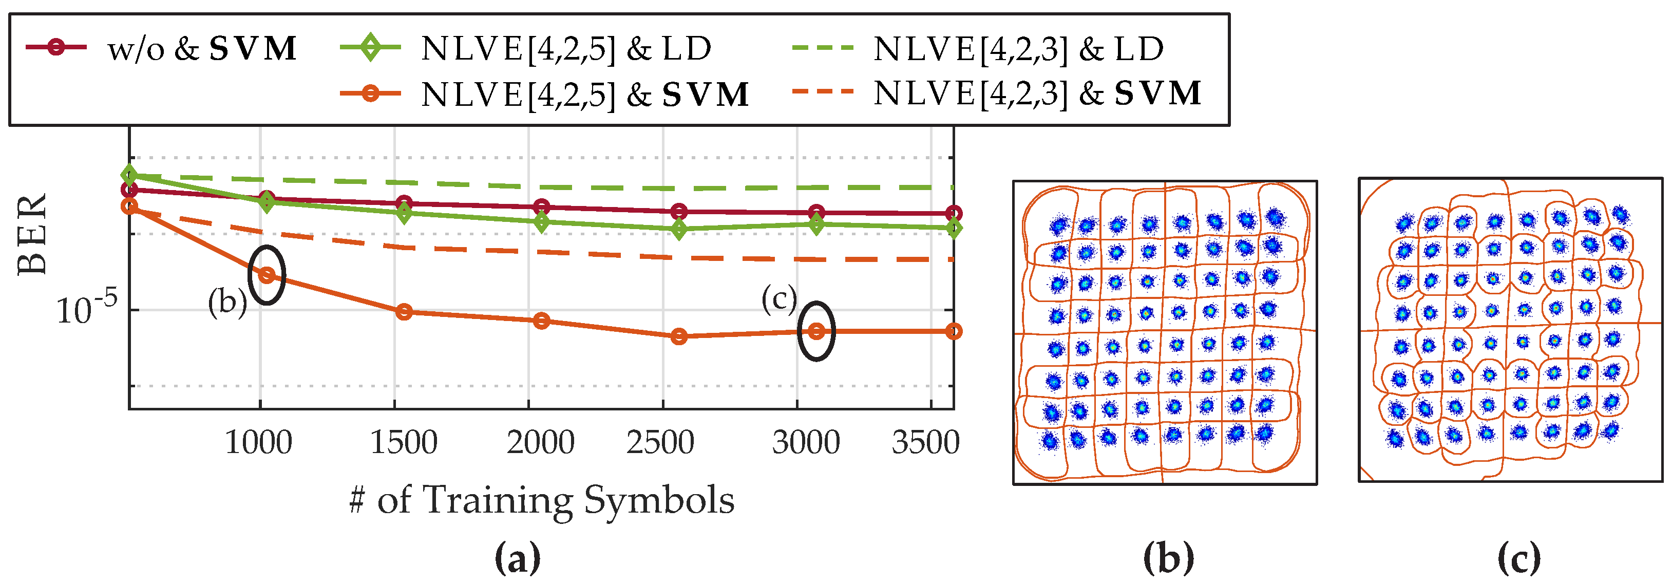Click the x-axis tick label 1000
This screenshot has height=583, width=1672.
pyautogui.click(x=258, y=443)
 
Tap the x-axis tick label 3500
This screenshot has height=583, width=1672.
pyautogui.click(x=925, y=443)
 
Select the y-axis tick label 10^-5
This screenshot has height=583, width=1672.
pyautogui.click(x=86, y=309)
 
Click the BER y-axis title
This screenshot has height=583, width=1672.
pyautogui.click(x=32, y=234)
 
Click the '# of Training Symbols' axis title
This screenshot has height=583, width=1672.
pyautogui.click(x=541, y=500)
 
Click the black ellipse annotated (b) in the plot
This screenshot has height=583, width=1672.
pyautogui.click(x=267, y=275)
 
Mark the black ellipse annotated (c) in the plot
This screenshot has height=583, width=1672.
pyautogui.click(x=816, y=331)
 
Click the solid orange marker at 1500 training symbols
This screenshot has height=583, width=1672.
pyautogui.click(x=404, y=312)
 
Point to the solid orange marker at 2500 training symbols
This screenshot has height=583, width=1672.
pyautogui.click(x=679, y=336)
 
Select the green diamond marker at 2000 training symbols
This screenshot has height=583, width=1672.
pyautogui.click(x=541, y=222)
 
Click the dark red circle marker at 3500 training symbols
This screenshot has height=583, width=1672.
pyautogui.click(x=954, y=213)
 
